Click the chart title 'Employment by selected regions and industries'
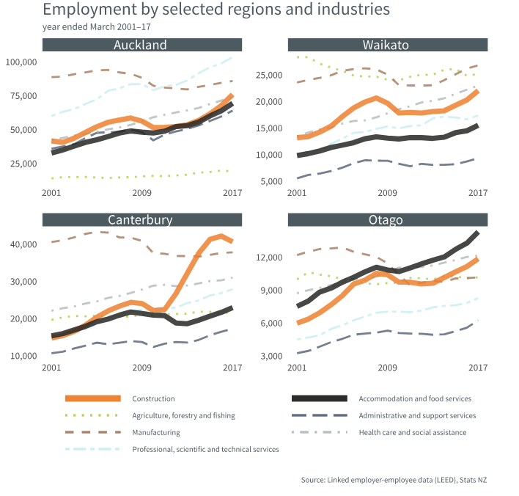tap(216, 10)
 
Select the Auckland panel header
tap(141, 45)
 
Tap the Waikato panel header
tap(386, 45)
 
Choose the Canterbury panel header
tap(141, 220)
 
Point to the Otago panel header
tap(386, 220)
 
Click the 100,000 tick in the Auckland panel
tap(21, 62)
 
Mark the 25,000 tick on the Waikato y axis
tap(269, 75)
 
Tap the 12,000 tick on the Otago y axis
tap(269, 258)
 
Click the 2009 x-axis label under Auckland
tap(141, 193)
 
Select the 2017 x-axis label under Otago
tap(478, 368)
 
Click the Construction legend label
tap(153, 398)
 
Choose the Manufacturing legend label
tap(156, 432)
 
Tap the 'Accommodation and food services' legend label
tap(415, 398)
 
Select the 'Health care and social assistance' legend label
tap(413, 432)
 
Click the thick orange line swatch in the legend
tap(93, 398)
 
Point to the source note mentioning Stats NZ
tap(394, 480)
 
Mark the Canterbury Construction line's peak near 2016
tap(221, 236)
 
